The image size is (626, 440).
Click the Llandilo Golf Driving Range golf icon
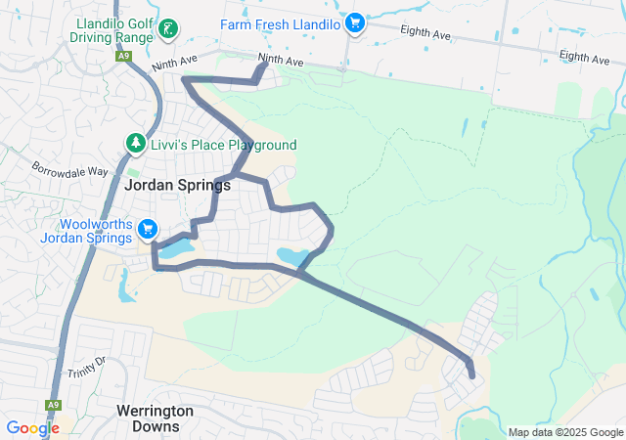(x=167, y=29)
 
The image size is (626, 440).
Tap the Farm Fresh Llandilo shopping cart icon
(x=355, y=22)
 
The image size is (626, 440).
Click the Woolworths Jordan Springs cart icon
(x=148, y=229)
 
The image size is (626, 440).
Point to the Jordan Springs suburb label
(x=178, y=185)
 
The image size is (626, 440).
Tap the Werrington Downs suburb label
(x=155, y=418)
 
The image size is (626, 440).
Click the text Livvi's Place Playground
(x=223, y=145)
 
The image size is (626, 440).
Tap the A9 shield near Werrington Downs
(x=52, y=404)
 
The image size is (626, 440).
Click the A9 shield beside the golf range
(x=123, y=57)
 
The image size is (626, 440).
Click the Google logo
(x=32, y=427)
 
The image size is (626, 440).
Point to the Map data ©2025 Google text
(x=565, y=432)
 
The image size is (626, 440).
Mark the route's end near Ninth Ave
(x=266, y=66)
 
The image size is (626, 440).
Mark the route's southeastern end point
(x=472, y=374)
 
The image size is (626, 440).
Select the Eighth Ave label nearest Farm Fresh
(x=425, y=33)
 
